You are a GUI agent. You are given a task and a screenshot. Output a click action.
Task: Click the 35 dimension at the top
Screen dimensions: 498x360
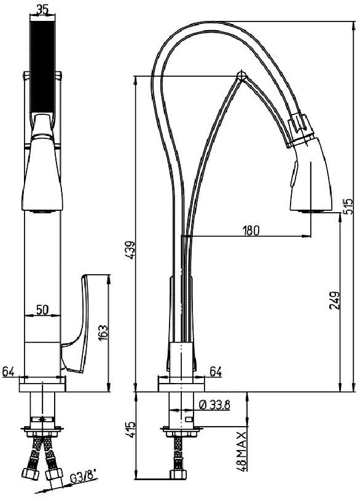(x=42, y=10)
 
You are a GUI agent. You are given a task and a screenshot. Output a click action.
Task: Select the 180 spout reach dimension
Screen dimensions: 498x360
(x=250, y=231)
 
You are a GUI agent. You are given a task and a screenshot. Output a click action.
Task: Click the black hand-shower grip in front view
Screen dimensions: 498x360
(x=42, y=68)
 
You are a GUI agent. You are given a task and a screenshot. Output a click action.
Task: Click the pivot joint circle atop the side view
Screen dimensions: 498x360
(x=241, y=76)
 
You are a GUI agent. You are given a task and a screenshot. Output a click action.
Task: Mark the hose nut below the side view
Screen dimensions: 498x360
(x=179, y=476)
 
